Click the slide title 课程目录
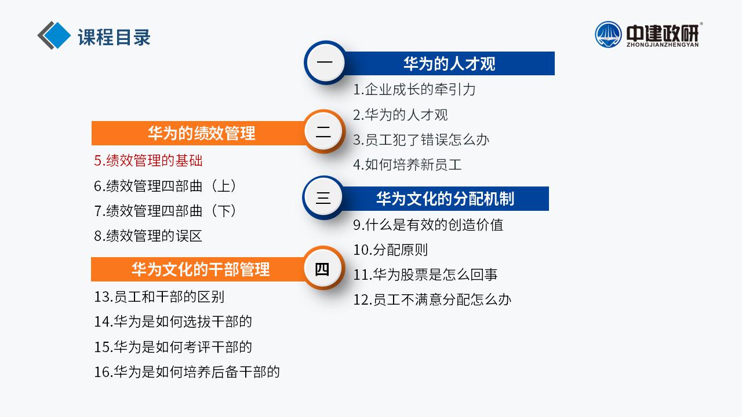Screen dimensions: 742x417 coord(114,37)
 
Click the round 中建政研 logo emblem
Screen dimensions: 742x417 coord(608,34)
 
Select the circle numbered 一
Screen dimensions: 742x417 coord(325,62)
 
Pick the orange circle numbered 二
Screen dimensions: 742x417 coord(323,131)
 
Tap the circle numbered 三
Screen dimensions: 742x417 coord(323,197)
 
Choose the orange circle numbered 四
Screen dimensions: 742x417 coord(322,268)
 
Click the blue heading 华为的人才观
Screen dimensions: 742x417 coord(449,64)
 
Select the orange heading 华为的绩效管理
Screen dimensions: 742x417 coord(201,133)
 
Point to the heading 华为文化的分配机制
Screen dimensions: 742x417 coord(445,199)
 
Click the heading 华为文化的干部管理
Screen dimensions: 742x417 coord(201,269)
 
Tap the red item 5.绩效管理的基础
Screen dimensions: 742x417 coord(148,160)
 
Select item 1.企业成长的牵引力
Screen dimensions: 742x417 coord(414,89)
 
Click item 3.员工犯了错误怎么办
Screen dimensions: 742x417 coord(421,140)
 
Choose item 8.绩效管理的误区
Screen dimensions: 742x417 coord(148,236)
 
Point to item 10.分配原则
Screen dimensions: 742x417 coord(391,250)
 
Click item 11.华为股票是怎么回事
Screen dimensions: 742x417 coord(425,275)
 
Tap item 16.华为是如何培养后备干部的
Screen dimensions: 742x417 coord(187,372)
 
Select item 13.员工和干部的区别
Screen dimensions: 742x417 coord(159,297)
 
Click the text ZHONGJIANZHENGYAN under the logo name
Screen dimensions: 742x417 coord(663,45)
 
